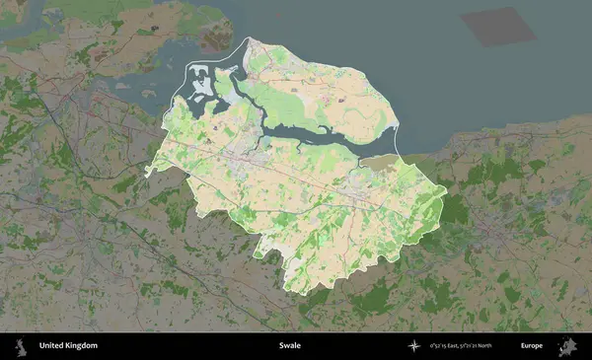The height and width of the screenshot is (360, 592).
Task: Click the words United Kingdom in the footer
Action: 68,346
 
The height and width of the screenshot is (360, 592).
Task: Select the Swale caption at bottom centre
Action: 289,346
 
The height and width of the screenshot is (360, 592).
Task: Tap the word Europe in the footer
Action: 532,346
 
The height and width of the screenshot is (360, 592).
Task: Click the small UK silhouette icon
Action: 20,346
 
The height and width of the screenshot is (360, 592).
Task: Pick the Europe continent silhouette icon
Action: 569,346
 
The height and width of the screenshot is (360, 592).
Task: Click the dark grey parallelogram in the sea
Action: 500,27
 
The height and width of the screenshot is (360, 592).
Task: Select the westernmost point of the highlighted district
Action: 146,173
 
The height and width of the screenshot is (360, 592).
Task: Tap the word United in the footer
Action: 50,346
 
